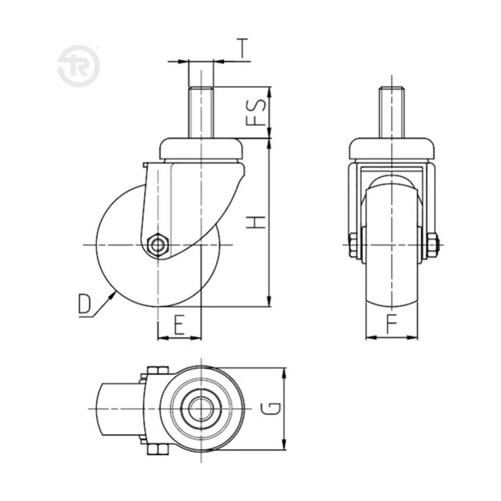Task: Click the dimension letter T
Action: point(242,48)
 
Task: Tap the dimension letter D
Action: point(84,304)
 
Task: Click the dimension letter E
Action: point(179,324)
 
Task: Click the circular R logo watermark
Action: point(78,66)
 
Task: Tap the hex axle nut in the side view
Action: point(157,245)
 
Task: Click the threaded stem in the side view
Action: point(201,113)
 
